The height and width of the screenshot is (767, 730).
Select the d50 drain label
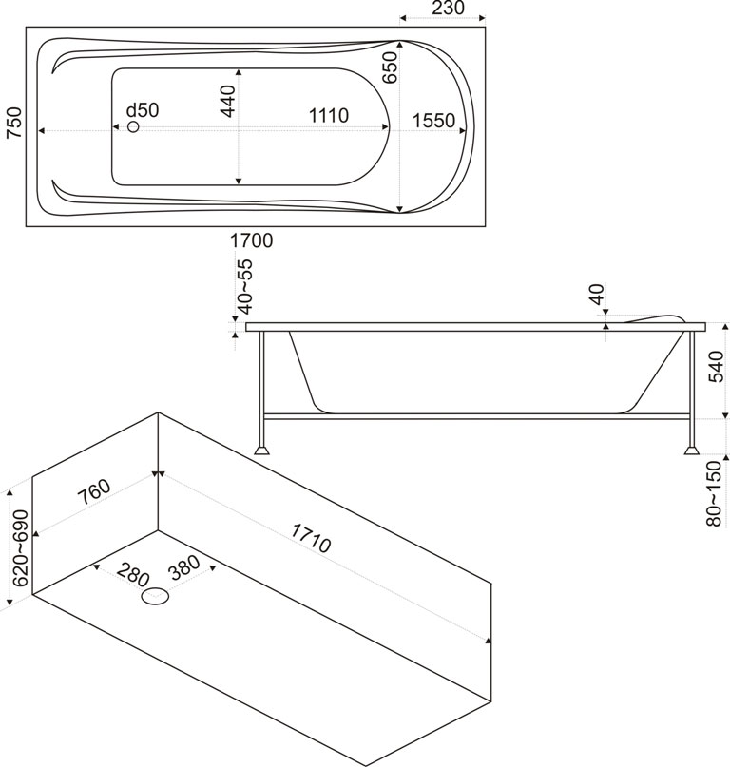click(143, 109)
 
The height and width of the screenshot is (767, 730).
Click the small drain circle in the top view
click(133, 126)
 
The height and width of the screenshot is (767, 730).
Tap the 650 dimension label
click(389, 68)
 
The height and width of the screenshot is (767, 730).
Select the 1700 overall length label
click(252, 241)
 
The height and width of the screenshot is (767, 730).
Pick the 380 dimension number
click(182, 566)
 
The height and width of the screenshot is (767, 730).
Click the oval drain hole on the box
click(156, 597)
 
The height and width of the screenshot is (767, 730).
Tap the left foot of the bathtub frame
click(260, 447)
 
